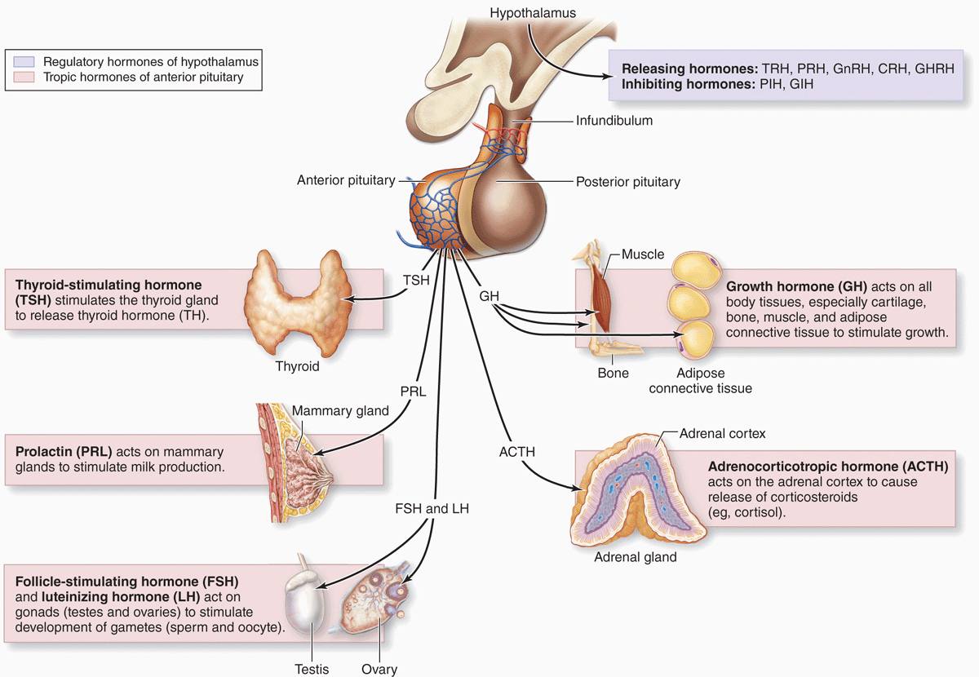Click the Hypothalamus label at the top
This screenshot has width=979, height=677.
click(x=533, y=12)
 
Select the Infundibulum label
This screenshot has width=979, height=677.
click(x=614, y=121)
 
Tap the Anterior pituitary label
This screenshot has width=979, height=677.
click(x=346, y=180)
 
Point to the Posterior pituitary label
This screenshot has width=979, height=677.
click(x=627, y=182)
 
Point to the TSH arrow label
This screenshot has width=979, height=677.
click(x=417, y=279)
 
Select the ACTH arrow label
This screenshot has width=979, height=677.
click(x=517, y=451)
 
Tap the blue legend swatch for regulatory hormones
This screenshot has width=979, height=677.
click(x=23, y=61)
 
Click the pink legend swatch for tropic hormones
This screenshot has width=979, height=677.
click(x=23, y=77)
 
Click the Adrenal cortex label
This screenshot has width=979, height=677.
click(x=722, y=434)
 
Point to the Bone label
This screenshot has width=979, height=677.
click(x=613, y=373)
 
